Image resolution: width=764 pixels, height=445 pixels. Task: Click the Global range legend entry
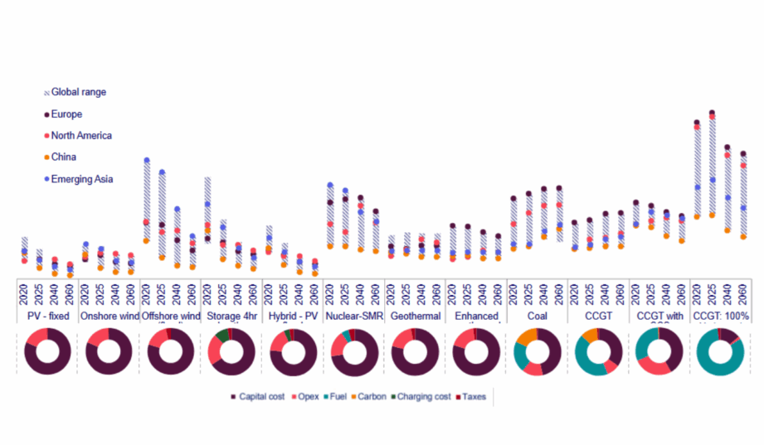coord(79,93)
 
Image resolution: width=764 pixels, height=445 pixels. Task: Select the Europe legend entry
coord(66,114)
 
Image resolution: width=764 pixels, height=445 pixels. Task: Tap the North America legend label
coord(81,136)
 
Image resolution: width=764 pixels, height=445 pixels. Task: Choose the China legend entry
coord(63,157)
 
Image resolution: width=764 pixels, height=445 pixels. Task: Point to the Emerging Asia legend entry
coord(81,179)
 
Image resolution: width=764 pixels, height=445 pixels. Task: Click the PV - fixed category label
coord(46,317)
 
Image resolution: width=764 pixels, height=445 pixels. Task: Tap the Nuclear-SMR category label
coord(353,317)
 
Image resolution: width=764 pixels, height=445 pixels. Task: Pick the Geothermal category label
coord(415,317)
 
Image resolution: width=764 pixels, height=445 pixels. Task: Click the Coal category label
coord(537,317)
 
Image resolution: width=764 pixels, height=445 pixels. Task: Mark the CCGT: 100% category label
coord(721,317)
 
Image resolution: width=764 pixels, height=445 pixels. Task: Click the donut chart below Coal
coord(537,352)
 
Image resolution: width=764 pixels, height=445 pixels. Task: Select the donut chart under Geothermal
coord(415,352)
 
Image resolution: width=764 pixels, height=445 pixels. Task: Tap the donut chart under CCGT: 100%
coord(721,352)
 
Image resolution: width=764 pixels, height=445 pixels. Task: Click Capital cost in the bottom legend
coord(260,398)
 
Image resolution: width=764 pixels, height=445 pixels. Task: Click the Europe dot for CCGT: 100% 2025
coord(712,113)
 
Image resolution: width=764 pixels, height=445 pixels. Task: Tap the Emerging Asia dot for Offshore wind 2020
coord(147,160)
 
